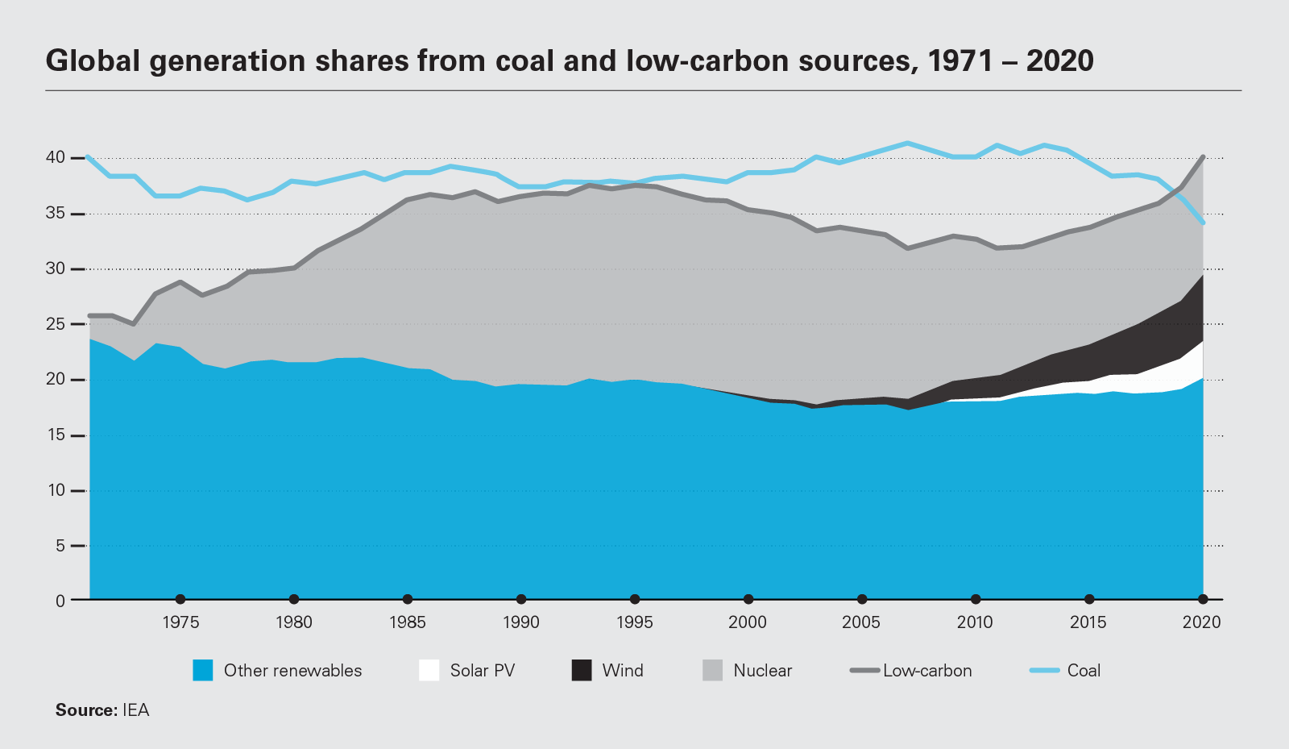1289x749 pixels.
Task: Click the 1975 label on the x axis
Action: (180, 622)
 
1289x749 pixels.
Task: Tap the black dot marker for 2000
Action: (748, 599)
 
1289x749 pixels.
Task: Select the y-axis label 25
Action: (56, 324)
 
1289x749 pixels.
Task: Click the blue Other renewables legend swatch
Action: (203, 670)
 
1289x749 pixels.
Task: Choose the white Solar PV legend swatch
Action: (429, 670)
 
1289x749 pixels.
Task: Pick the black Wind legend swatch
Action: (582, 670)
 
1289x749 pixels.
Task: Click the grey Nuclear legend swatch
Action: (713, 670)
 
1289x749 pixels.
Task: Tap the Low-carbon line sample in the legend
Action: (864, 670)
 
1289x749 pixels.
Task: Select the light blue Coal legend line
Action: (1045, 670)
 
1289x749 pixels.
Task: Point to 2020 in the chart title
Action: (1059, 61)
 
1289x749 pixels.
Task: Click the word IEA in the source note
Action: (135, 710)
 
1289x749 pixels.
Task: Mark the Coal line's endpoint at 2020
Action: (1203, 223)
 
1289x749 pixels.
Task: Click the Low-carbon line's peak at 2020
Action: (1203, 156)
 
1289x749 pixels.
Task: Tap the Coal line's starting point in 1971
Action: (88, 157)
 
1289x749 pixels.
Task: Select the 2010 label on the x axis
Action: (975, 622)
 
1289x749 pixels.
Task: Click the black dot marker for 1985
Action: (408, 599)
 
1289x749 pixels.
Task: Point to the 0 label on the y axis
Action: (60, 601)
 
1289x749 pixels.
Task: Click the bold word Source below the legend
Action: (85, 710)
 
